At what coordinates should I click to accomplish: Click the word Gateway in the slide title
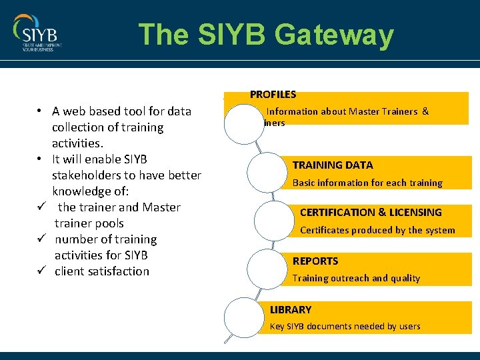(x=337, y=35)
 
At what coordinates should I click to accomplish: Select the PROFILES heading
(x=273, y=95)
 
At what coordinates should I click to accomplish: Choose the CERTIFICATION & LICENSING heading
(x=371, y=212)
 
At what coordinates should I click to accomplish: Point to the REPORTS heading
(x=315, y=261)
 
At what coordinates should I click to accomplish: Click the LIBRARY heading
(x=290, y=309)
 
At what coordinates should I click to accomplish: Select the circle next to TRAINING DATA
(x=267, y=173)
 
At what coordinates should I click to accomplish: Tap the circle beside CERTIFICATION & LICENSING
(x=274, y=221)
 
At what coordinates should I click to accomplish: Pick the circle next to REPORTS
(x=267, y=269)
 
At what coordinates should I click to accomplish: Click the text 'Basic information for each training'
(x=367, y=183)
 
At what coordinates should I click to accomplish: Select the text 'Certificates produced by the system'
(x=377, y=230)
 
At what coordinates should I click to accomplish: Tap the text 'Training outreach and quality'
(x=356, y=278)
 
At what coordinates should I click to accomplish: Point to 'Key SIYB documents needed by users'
(x=345, y=326)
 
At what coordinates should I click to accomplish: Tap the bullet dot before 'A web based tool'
(x=41, y=111)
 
